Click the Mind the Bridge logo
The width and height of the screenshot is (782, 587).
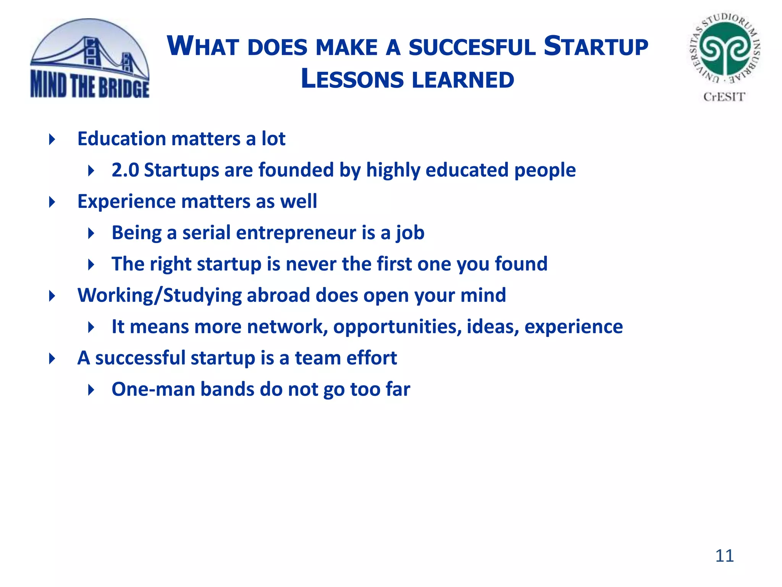[90, 59]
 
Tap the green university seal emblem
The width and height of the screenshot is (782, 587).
[725, 49]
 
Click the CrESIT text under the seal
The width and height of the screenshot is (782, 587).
[724, 97]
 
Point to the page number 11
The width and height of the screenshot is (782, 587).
[724, 556]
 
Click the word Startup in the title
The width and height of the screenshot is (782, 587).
[596, 47]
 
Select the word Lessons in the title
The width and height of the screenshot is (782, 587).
[352, 79]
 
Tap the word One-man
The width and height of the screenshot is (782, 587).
[153, 389]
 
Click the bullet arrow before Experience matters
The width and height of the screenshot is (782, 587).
[52, 202]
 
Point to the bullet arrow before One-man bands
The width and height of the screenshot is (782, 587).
[91, 390]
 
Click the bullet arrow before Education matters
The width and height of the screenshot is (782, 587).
[52, 139]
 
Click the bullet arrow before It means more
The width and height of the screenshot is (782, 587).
[91, 327]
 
